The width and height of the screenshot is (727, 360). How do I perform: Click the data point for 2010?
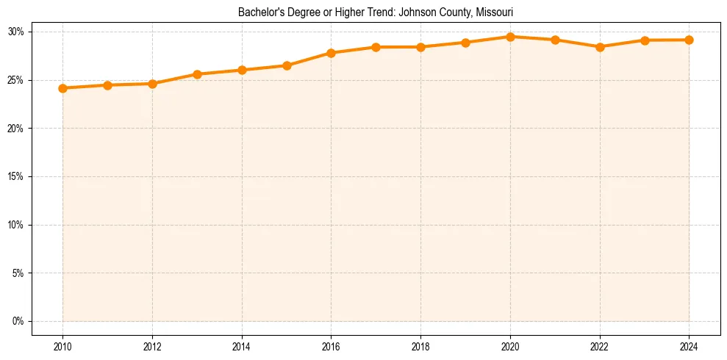coord(62,88)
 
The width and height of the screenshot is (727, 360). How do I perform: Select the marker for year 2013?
coord(197,74)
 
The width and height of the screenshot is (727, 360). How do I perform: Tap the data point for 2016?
coord(331,53)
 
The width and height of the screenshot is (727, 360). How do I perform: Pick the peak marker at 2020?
coord(510,37)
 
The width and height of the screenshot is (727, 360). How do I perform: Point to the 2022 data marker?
coord(600,47)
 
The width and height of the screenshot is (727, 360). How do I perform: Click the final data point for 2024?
coord(689,40)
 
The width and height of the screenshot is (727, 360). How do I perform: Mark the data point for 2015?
coord(287,65)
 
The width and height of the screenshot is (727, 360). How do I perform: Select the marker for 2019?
coord(465,43)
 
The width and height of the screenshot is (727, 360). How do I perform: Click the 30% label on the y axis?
coord(16,32)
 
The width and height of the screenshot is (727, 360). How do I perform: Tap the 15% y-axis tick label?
coord(16,176)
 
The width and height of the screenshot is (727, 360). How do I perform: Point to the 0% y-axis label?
coord(18,321)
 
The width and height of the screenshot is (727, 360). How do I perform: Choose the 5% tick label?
coord(18,273)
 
